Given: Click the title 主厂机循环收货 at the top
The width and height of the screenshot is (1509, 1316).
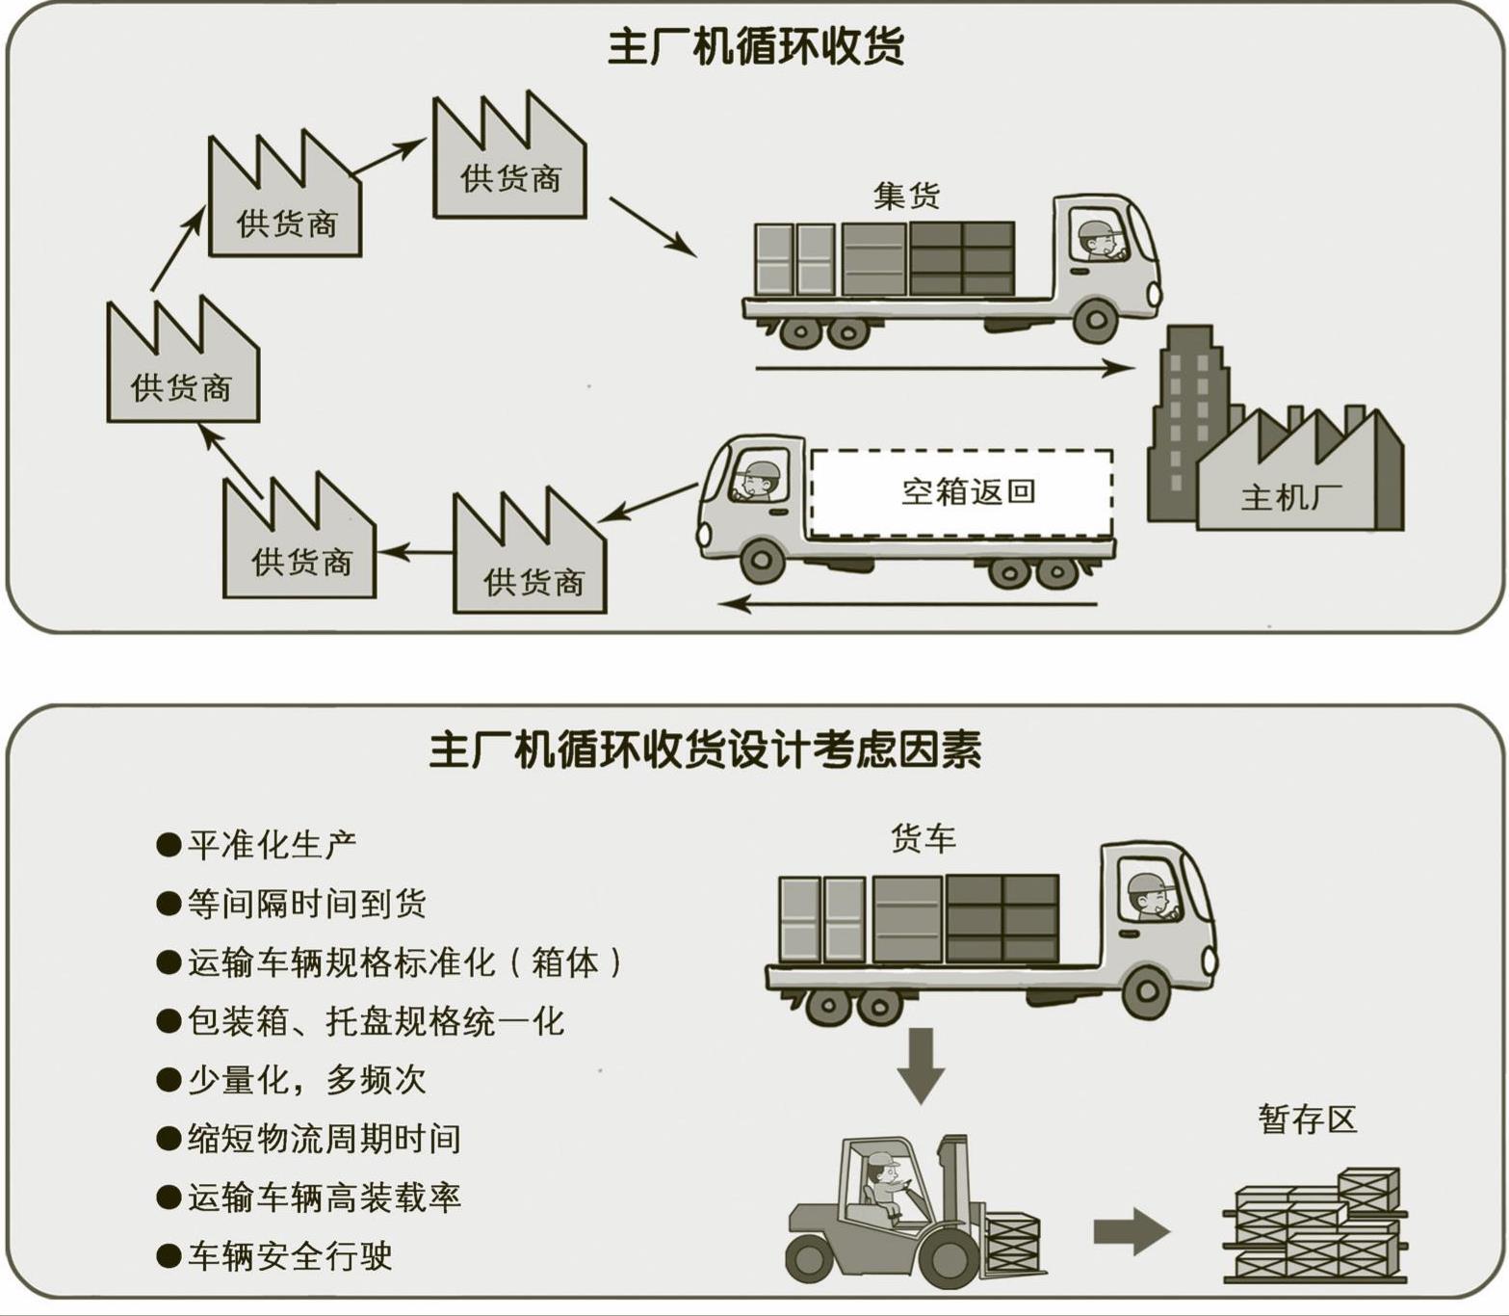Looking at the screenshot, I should click(756, 46).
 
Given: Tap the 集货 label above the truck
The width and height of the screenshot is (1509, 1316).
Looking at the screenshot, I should click(905, 196).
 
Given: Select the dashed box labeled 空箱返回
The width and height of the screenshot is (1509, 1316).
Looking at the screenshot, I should click(962, 492).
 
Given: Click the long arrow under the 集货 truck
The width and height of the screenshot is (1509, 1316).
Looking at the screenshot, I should click(944, 367).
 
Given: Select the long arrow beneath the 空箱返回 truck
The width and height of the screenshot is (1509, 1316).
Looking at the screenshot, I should click(910, 604).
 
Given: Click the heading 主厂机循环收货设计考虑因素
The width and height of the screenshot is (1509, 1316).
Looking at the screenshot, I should click(705, 750).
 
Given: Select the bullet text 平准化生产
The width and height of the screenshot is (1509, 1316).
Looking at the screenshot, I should click(272, 845).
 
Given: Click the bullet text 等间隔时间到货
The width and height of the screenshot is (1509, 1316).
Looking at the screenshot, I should click(306, 904).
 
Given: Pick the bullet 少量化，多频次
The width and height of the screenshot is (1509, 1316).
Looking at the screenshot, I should click(306, 1080).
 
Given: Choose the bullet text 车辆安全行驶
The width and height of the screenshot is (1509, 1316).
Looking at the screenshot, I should click(289, 1256).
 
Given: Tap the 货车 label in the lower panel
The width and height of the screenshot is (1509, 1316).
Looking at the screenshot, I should click(923, 838).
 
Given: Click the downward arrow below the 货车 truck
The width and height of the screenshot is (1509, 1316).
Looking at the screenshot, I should click(921, 1064).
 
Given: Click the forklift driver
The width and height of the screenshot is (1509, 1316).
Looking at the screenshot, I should click(884, 1185).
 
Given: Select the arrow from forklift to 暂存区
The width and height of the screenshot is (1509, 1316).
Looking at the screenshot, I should click(1131, 1231).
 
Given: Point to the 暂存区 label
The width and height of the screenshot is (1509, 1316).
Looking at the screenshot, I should click(1307, 1119).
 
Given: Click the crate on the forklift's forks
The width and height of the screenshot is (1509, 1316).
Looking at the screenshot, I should click(1012, 1243).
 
